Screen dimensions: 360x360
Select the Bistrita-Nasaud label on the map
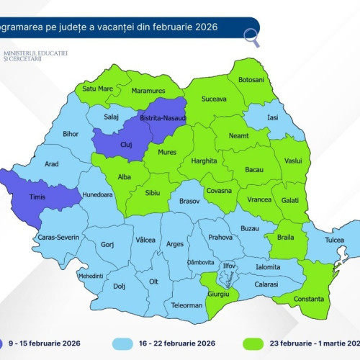coord(164,117)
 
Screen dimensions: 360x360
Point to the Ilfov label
coord(230,266)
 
